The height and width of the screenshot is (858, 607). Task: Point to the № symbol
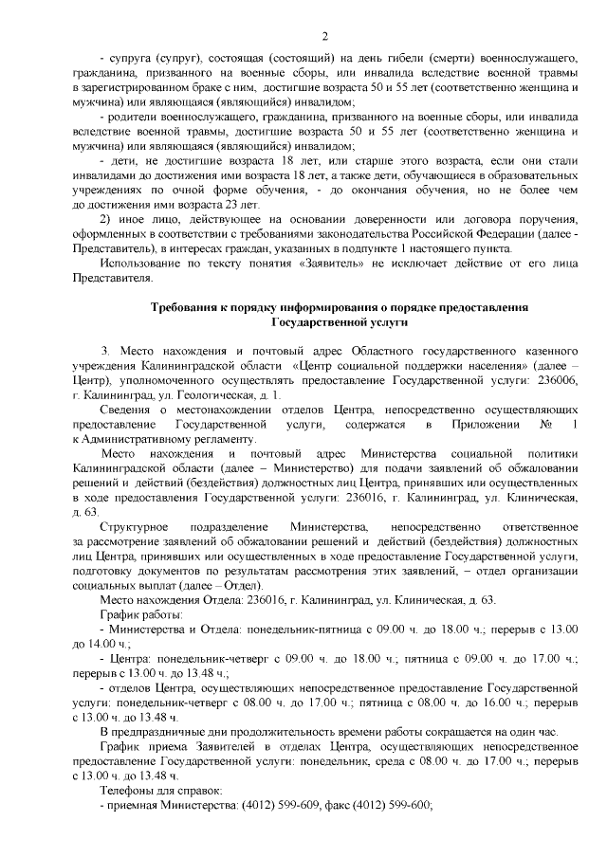pos(543,427)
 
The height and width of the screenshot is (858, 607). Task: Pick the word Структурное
pos(135,526)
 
